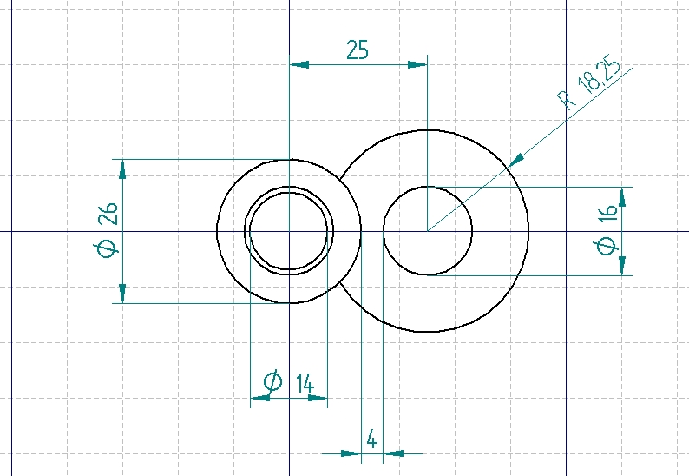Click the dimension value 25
[x=358, y=50]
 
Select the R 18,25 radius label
[x=589, y=83]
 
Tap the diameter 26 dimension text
[x=107, y=230]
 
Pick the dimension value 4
[x=371, y=440]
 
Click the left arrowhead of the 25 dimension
[x=299, y=64]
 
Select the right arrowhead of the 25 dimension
[x=417, y=64]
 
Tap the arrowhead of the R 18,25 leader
[x=515, y=161]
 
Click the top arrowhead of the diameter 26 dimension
[x=122, y=169]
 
